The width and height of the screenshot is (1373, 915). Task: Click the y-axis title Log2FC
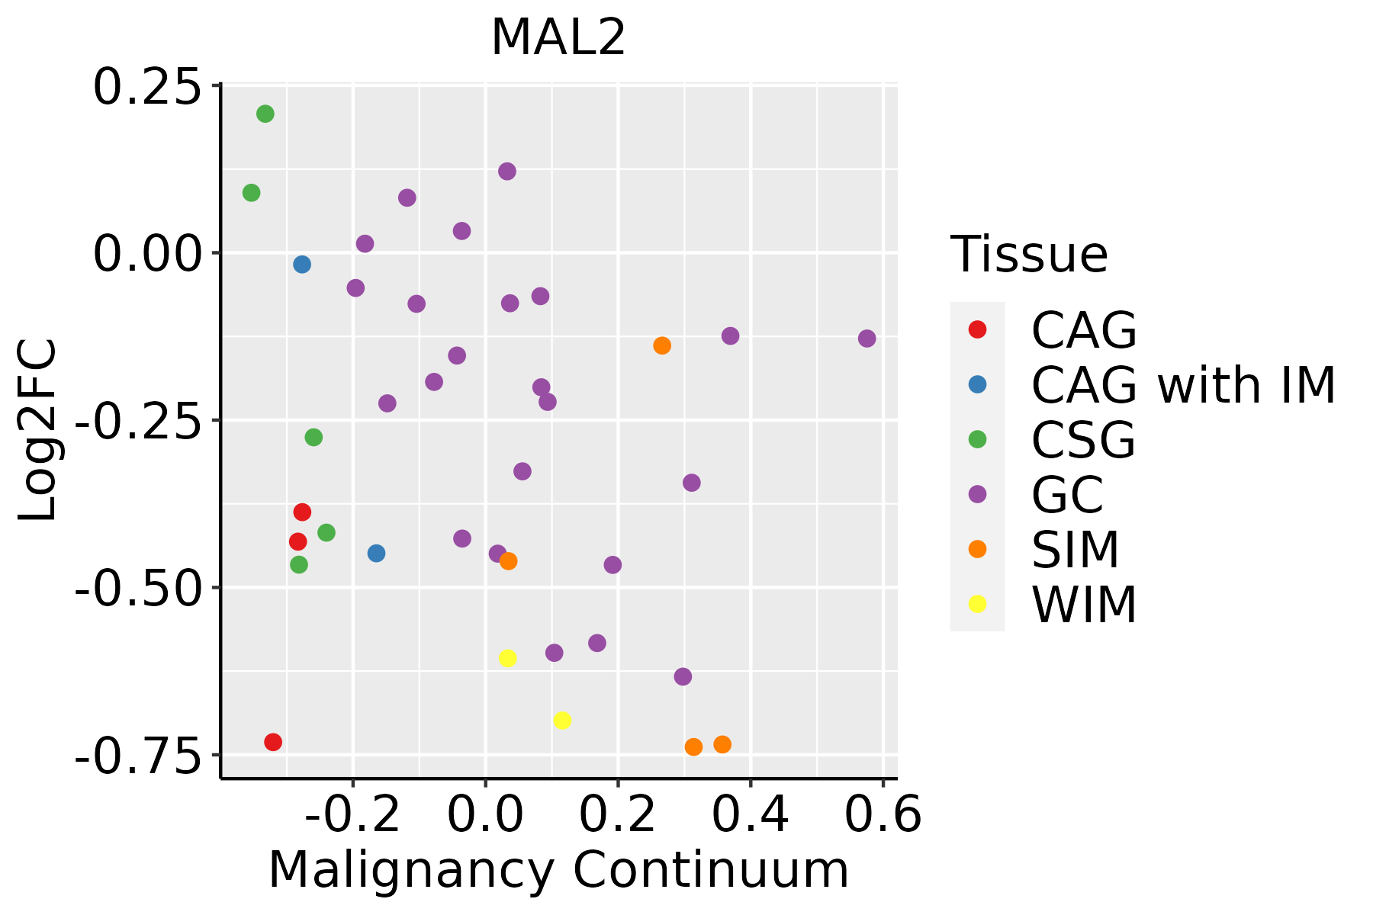point(38,430)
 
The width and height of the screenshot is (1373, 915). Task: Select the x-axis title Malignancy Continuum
point(558,870)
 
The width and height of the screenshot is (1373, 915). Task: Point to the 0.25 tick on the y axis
point(146,86)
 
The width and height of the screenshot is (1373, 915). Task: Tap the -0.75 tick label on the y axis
point(137,755)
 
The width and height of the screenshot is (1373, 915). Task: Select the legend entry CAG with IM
point(1183,385)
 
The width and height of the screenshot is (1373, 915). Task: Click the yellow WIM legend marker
point(977,604)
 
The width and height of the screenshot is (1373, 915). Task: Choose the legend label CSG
point(1083,440)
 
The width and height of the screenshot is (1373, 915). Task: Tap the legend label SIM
point(1076,550)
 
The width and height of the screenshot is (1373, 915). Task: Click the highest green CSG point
point(265,114)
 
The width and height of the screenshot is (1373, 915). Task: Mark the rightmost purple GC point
point(867,339)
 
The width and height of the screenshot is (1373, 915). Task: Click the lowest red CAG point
point(273,742)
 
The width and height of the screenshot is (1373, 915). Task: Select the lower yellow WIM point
point(562,721)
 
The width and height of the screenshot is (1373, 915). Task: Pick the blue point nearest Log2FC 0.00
point(302,265)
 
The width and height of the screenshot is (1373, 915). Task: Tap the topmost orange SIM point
point(662,345)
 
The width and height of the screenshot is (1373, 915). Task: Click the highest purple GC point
point(507,172)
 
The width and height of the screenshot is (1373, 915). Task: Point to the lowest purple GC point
point(683,677)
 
